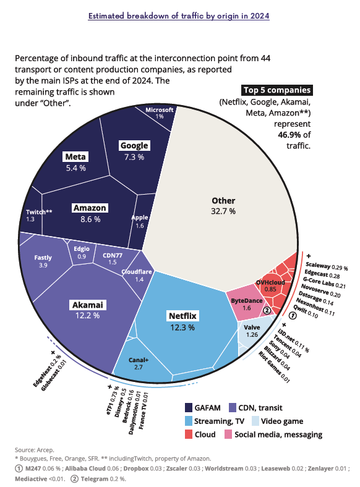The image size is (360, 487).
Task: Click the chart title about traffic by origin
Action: pyautogui.click(x=179, y=15)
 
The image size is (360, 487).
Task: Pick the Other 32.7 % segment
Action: pyautogui.click(x=223, y=206)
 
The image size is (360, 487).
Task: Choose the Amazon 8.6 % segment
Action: pyautogui.click(x=90, y=213)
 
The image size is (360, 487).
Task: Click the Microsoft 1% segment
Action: pyautogui.click(x=159, y=112)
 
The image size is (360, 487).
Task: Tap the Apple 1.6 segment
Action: pyautogui.click(x=140, y=222)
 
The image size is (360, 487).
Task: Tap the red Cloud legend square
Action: pyautogui.click(x=189, y=434)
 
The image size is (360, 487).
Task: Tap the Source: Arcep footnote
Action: pyautogui.click(x=35, y=449)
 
